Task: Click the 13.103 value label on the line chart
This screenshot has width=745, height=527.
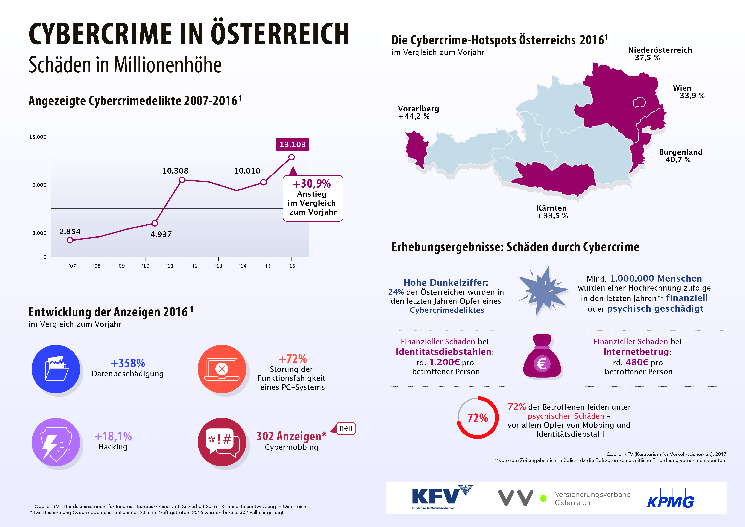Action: [292, 144]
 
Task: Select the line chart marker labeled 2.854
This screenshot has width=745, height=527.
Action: [70, 240]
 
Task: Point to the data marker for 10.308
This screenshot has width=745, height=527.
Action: [182, 180]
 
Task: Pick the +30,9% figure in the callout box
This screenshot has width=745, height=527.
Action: [312, 184]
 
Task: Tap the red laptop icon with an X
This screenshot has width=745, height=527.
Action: [222, 369]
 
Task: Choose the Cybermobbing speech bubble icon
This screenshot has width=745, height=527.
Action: [222, 442]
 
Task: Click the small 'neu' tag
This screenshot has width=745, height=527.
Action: [346, 428]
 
